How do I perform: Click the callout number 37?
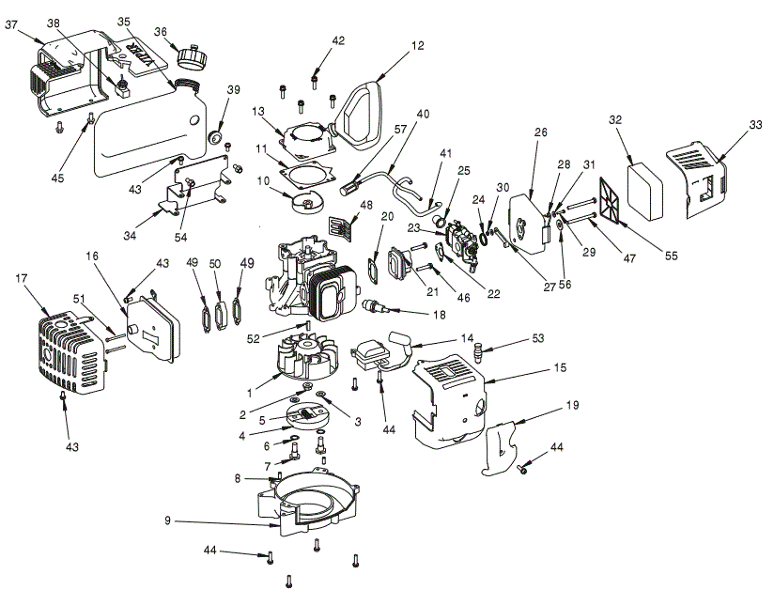pos(12,25)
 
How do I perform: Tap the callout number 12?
pos(418,44)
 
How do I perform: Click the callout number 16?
pos(92,256)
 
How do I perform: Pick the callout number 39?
pos(233,89)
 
